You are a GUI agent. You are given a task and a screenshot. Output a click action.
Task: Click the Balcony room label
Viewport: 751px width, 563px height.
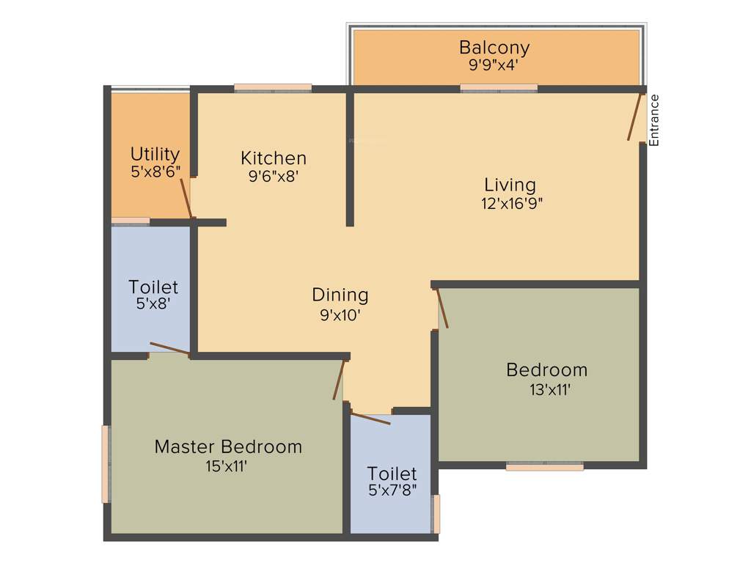[x=494, y=48]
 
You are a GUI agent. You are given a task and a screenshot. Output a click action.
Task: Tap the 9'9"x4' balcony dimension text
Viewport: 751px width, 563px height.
[x=494, y=65]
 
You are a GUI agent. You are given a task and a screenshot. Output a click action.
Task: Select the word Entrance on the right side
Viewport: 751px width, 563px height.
[x=654, y=120]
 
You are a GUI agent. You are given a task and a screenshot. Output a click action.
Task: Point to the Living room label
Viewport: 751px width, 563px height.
[x=510, y=185]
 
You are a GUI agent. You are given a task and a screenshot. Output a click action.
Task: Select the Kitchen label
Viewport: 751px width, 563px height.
[x=274, y=158]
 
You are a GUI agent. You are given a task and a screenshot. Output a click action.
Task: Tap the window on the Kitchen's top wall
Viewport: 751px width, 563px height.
[x=273, y=88]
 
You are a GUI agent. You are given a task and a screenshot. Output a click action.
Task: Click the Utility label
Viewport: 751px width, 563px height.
[x=155, y=154]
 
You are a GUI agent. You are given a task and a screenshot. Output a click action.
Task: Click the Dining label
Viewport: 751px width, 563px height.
[x=340, y=295]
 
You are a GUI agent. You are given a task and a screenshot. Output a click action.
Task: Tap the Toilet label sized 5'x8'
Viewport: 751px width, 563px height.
[x=153, y=287]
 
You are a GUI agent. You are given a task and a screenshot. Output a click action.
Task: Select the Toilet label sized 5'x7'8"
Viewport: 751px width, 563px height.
[x=392, y=474]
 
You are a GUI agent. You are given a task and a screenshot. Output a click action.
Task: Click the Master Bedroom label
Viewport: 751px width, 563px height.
[x=228, y=446]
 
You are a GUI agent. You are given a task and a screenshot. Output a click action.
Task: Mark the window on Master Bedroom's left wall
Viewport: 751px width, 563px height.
[x=106, y=464]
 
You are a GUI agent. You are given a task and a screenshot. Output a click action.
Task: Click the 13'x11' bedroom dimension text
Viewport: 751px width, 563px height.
[x=549, y=390]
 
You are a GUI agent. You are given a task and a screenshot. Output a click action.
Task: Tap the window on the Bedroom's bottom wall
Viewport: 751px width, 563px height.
[x=544, y=466]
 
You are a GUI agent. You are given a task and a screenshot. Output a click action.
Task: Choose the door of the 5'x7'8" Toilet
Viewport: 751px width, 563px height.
[x=370, y=419]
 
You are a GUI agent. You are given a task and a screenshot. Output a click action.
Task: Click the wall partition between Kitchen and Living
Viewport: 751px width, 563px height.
[x=350, y=158]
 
